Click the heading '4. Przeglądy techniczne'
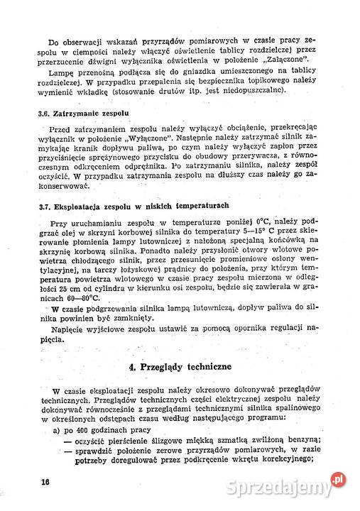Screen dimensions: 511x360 185,368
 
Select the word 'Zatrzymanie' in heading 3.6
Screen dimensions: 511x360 82,114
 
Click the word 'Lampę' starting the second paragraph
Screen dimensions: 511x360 61,73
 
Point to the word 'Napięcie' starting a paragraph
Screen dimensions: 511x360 67,331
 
